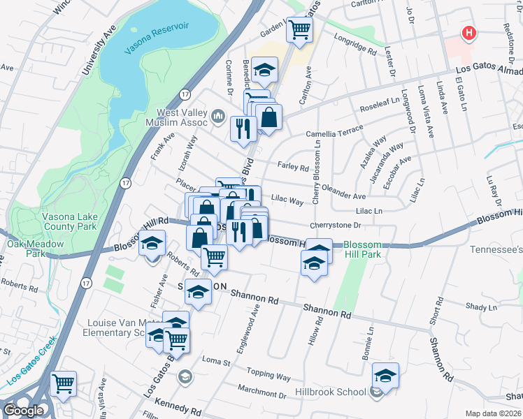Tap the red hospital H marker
468,33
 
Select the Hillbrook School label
331,392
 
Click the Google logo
22,410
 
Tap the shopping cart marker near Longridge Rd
300,29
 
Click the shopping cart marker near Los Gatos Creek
64,383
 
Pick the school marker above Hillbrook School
385,376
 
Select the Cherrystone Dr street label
335,226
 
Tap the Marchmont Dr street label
261,394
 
